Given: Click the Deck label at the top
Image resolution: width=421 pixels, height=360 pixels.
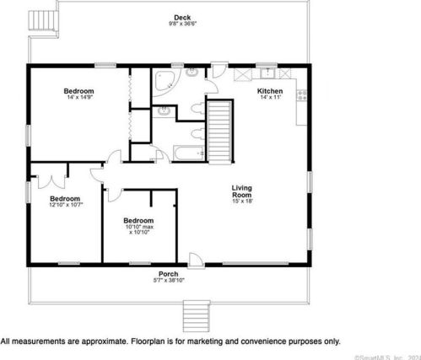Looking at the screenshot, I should [181, 17].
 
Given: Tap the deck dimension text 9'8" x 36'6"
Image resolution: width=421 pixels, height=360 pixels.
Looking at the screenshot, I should [181, 24].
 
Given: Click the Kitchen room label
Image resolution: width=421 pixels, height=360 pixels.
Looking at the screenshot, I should [270, 91].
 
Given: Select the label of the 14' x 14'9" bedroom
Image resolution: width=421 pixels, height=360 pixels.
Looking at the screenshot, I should [78, 91].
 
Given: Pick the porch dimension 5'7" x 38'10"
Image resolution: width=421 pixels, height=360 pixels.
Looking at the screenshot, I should [170, 279].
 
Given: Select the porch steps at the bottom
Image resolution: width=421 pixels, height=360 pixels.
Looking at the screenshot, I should [196, 316].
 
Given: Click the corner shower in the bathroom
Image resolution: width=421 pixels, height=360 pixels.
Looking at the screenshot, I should [165, 83].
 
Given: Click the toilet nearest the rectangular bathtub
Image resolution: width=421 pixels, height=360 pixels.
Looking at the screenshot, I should [196, 132].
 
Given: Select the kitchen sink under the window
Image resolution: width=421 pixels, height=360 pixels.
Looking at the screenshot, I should [268, 73].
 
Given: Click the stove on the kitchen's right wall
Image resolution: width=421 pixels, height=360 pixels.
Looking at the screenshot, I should [300, 97].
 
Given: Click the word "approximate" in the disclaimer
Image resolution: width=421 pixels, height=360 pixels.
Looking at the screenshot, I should [92, 341].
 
